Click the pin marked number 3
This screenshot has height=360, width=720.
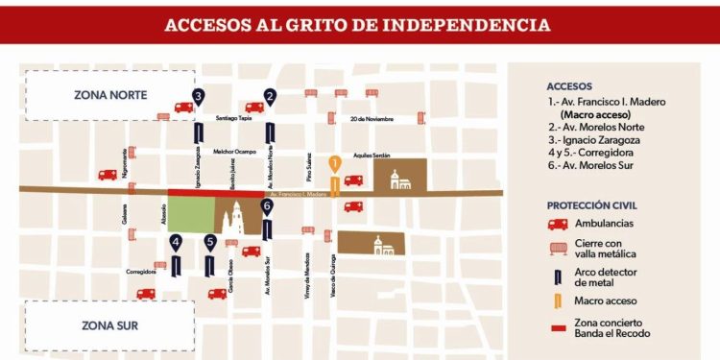(198, 96)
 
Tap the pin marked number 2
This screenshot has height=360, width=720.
(270, 96)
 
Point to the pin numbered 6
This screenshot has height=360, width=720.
(267, 205)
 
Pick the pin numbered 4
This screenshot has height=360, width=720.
(176, 243)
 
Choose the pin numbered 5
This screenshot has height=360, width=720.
(210, 243)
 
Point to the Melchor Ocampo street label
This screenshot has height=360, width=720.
(234, 152)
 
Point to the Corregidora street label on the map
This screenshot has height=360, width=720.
(141, 272)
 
